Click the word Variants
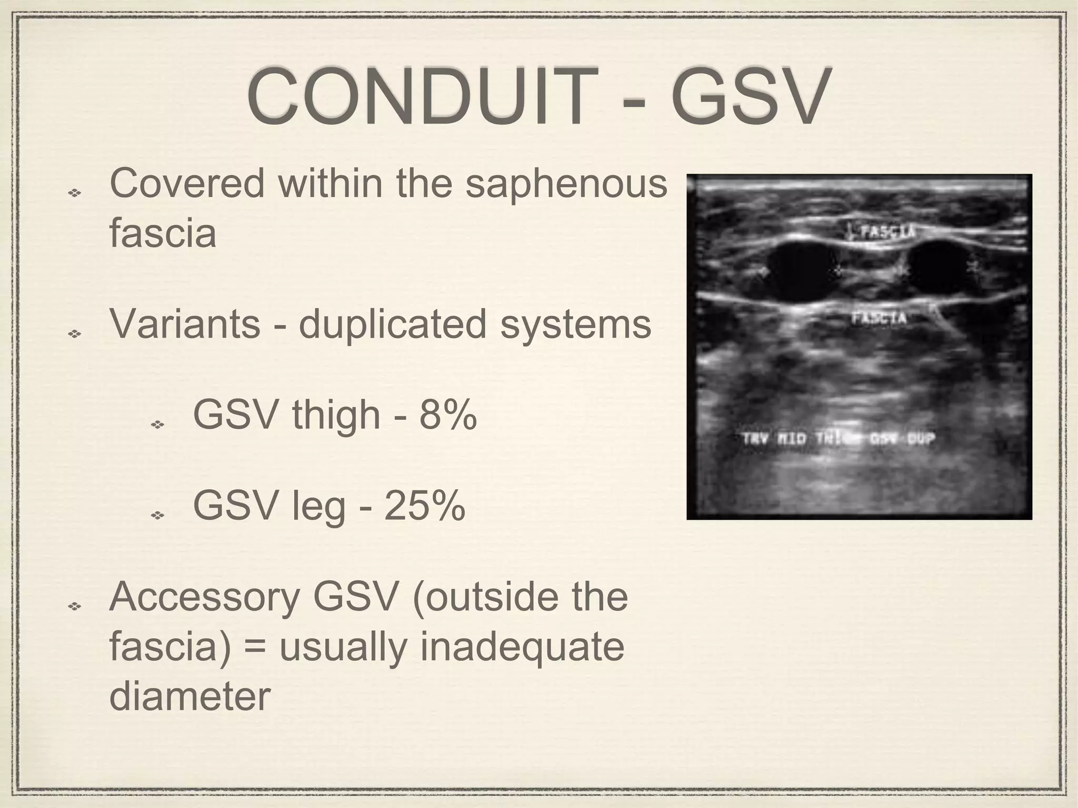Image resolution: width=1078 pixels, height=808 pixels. click(185, 324)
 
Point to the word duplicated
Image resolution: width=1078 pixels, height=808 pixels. click(393, 324)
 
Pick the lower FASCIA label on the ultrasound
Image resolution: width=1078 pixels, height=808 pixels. click(879, 318)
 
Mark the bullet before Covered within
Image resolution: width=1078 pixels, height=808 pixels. click(74, 193)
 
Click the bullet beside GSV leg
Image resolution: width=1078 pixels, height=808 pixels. click(157, 515)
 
